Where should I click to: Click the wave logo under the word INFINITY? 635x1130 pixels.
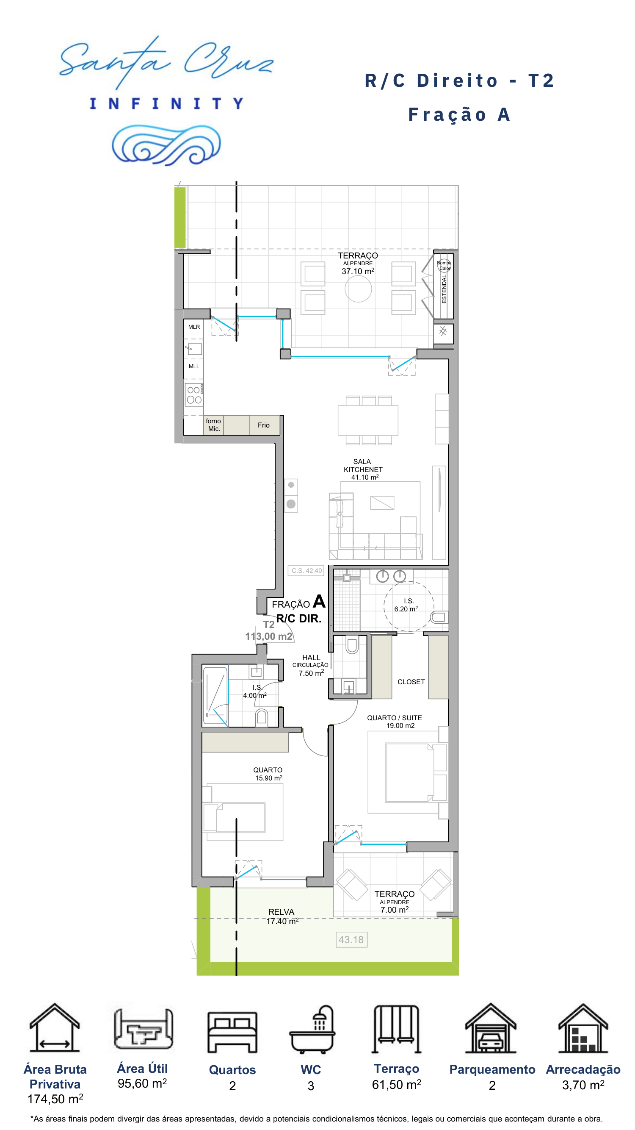pos(166,144)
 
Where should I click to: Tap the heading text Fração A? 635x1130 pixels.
pos(459,114)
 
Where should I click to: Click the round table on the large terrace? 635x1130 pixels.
pos(358,289)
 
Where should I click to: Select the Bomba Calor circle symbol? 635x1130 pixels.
pos(444,265)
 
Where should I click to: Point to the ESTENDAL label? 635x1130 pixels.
pos(444,289)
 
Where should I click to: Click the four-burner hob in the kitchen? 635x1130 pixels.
pos(194,394)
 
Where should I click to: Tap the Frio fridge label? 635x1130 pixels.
pos(263,425)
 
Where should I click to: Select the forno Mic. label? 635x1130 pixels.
pos(213,425)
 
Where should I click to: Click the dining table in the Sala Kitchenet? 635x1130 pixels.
pos(368,420)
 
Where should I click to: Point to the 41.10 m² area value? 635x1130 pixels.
pos(364,477)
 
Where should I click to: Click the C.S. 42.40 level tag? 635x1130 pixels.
pos(306,570)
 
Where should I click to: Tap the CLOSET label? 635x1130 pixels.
pos(411,682)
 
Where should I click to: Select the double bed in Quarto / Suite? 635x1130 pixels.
pos(409,772)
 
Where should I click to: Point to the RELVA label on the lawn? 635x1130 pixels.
pos(282,912)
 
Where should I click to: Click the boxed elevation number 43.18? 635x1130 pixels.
pos(351,940)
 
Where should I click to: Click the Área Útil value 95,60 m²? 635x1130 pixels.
pos(142,1083)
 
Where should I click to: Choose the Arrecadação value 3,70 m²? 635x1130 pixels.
pos(583,1085)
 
